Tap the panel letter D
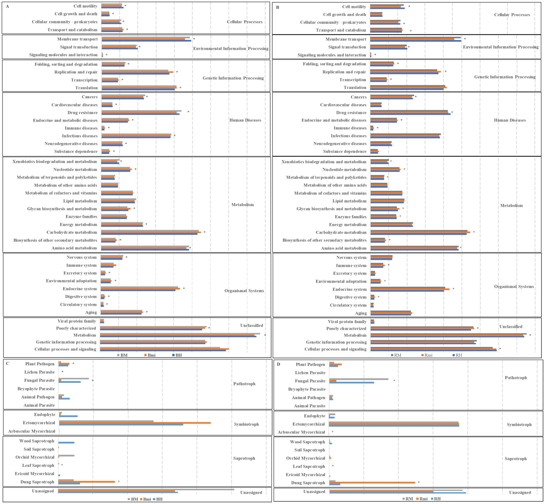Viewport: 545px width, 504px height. click(x=279, y=364)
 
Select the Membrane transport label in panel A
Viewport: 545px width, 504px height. click(x=77, y=39)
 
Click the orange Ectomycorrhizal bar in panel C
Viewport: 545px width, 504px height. click(x=135, y=423)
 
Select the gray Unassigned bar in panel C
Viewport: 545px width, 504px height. click(x=146, y=489)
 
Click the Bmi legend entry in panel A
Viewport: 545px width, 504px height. click(x=149, y=355)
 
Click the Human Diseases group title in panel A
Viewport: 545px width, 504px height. click(x=245, y=120)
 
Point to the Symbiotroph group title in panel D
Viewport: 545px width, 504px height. click(x=519, y=424)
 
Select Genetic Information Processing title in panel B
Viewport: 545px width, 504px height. click(x=505, y=77)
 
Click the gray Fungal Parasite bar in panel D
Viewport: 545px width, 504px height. click(x=359, y=379)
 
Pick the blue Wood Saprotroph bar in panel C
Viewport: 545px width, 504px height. click(x=66, y=443)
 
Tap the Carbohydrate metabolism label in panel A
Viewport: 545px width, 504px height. click(x=72, y=232)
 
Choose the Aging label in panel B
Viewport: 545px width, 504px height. click(x=361, y=313)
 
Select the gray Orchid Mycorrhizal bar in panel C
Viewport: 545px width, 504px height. click(x=66, y=455)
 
